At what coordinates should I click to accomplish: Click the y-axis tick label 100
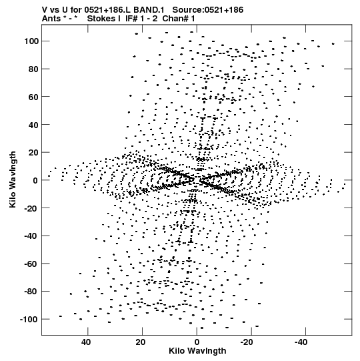coord(31,41)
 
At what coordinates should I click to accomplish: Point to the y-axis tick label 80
coord(33,69)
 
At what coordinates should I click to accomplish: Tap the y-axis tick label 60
coord(33,97)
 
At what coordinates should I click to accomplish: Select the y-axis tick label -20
coord(31,208)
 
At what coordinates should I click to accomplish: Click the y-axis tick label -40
coord(31,236)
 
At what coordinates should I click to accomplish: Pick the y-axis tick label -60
coord(31,264)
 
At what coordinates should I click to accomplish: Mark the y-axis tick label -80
coord(31,292)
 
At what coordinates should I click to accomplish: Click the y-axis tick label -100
coord(29,320)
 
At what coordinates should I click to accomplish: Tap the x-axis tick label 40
coord(86,342)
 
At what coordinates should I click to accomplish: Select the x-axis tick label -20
coord(247,342)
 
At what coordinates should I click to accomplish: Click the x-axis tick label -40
coord(301,342)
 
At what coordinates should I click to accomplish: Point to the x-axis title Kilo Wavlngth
coord(197,351)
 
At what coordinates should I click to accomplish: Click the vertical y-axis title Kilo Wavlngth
coord(13,179)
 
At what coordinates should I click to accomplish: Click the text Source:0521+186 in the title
coord(208,10)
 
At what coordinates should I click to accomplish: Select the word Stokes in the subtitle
coord(104,19)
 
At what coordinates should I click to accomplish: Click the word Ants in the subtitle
coord(51,19)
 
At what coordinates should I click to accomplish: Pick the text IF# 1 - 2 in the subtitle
coord(141,19)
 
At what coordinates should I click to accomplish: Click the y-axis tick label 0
coord(35,180)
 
